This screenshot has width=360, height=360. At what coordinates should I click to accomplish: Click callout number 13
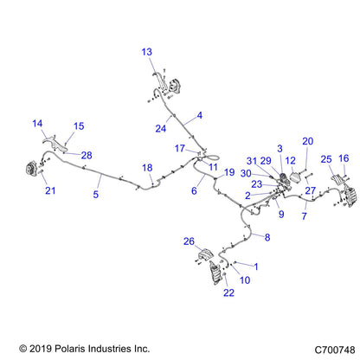tap(146, 52)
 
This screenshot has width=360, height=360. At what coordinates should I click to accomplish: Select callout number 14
tap(37, 124)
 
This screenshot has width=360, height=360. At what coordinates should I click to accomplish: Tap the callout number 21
tap(50, 190)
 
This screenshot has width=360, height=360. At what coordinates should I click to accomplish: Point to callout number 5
tap(96, 194)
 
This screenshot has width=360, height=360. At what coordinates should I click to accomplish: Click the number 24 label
tap(161, 128)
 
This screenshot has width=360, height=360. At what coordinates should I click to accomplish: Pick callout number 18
tap(147, 168)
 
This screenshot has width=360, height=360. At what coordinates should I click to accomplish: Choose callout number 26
tap(189, 241)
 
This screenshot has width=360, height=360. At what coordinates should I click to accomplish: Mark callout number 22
tap(228, 292)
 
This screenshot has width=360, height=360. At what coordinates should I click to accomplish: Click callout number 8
tap(267, 237)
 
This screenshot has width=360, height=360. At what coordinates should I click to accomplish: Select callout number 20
tap(308, 141)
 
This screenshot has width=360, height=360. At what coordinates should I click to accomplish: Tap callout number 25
tap(326, 159)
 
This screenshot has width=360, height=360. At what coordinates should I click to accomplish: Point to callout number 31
tap(252, 161)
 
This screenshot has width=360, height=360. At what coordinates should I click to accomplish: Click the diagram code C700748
tap(335, 350)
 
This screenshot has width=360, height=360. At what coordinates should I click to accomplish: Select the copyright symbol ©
tap(23, 349)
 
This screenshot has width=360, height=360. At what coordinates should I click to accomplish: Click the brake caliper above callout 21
tap(30, 168)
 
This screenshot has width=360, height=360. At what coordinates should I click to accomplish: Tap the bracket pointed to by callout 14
tap(55, 143)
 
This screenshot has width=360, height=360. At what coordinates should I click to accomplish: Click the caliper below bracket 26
tap(216, 273)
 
